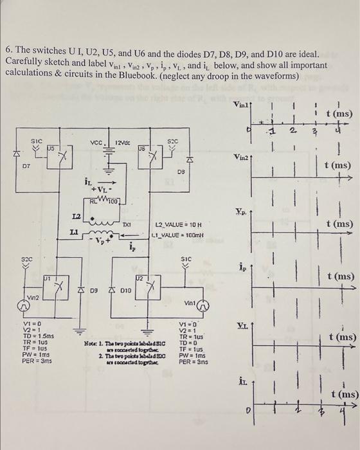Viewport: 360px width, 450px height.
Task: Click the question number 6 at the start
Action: (8, 50)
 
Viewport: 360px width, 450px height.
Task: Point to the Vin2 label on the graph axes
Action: (242, 157)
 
